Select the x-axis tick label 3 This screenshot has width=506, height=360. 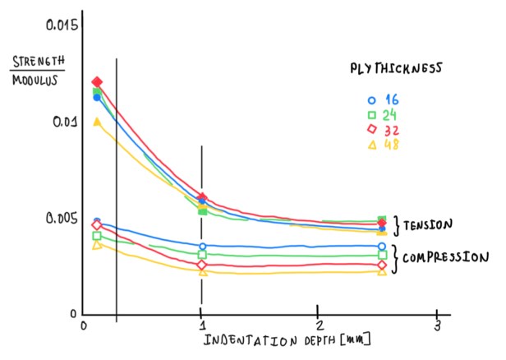coord(437,325)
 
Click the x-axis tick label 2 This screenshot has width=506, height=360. coord(319,326)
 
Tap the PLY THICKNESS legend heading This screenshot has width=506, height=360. coord(391,68)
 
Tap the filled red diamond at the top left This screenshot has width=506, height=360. coord(98,82)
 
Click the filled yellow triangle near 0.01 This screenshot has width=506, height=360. coord(98,122)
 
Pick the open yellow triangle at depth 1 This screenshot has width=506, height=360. coord(201,272)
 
